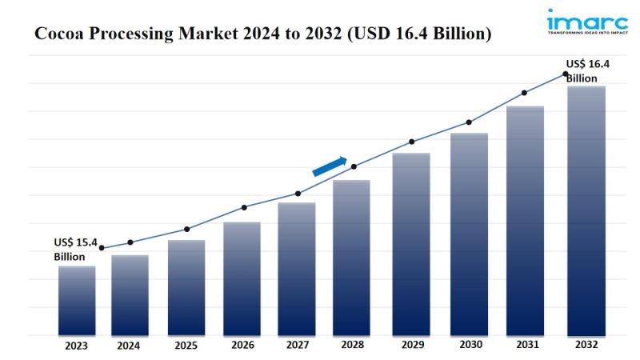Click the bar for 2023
pos(77,300)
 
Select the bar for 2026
pos(242,278)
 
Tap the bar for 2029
pos(411,243)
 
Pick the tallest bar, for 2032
pos(586,210)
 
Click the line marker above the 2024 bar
pos(130,242)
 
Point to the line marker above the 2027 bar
pos(298,194)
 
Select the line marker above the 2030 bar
pos(469,122)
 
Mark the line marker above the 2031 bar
pos(524,93)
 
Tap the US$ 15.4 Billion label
pos(75,249)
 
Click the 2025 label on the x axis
pos(186,346)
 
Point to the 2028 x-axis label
pos(353,346)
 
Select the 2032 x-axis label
pos(586,346)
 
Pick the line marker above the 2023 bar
pos(102,248)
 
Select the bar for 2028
pos(352,257)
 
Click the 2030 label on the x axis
pos(470,346)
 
